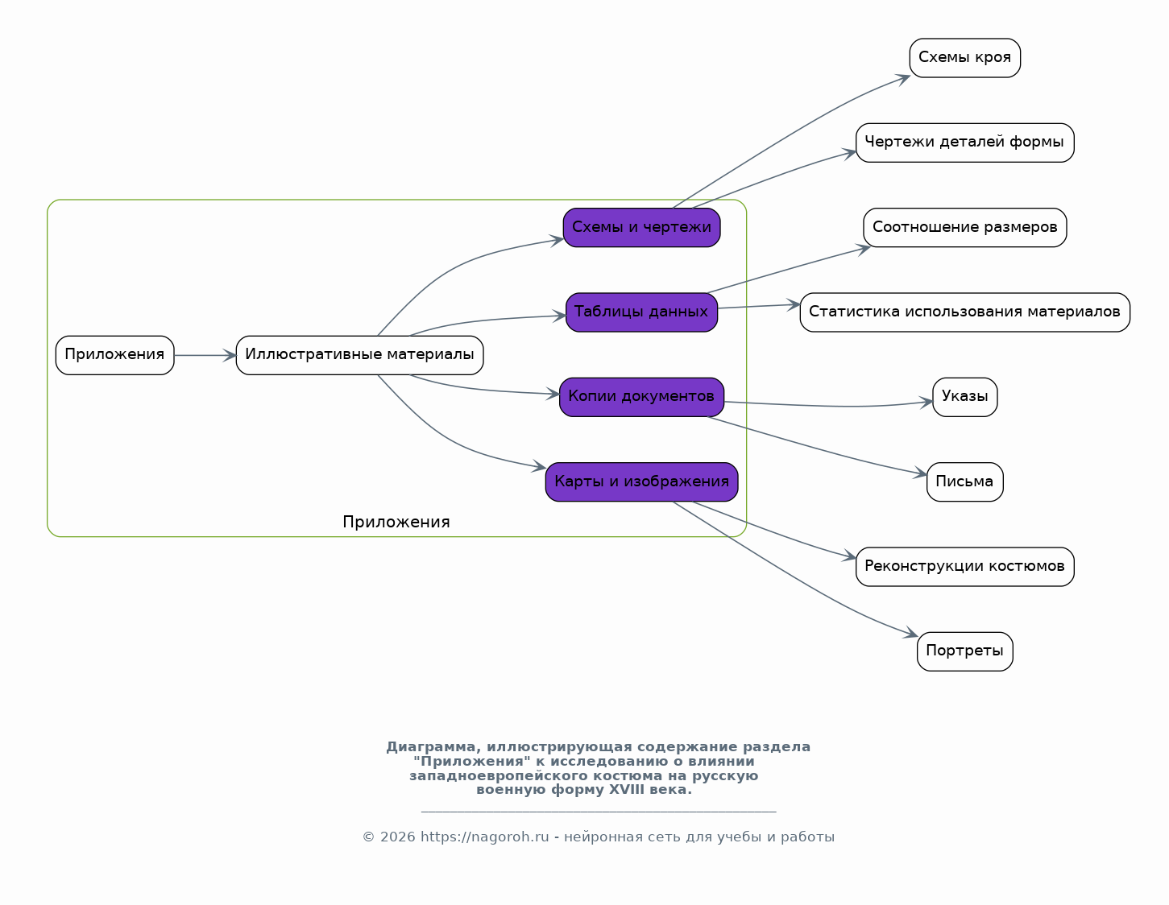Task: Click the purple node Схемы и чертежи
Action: click(x=641, y=227)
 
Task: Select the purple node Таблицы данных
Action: click(x=641, y=312)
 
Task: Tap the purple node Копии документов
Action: click(x=641, y=397)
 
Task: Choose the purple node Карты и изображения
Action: click(x=641, y=482)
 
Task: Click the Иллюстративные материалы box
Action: click(x=359, y=355)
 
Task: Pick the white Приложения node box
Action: click(x=114, y=355)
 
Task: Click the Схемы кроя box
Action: click(x=964, y=57)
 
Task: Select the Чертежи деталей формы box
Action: click(x=964, y=143)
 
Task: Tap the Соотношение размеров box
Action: click(x=964, y=227)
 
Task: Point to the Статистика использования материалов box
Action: click(x=964, y=312)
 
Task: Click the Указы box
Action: click(x=964, y=397)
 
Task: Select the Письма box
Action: click(x=964, y=482)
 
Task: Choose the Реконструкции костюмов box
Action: click(x=964, y=567)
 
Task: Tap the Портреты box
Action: click(x=964, y=652)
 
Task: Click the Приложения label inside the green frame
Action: click(x=396, y=523)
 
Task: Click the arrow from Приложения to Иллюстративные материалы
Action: click(x=205, y=355)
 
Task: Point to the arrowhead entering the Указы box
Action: click(x=926, y=403)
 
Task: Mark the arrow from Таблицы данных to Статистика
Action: click(x=759, y=306)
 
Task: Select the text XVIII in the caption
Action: click(x=626, y=789)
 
